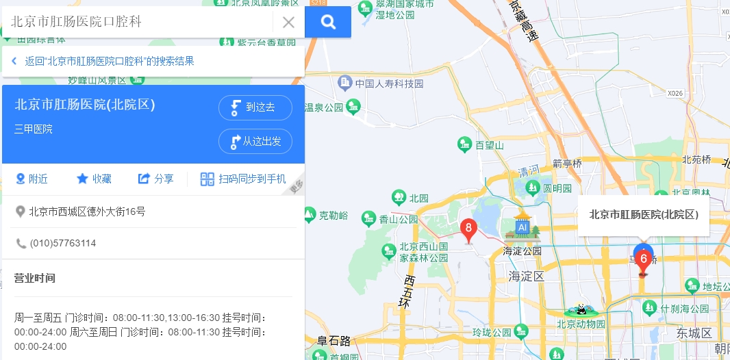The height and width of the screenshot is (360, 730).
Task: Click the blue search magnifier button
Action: tap(328, 22)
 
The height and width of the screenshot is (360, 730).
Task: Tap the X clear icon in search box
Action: tap(288, 22)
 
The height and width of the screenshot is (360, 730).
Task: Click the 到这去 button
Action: tap(255, 107)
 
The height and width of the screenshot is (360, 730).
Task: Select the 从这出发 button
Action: tap(255, 142)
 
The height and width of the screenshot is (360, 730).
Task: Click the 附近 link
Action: tap(32, 179)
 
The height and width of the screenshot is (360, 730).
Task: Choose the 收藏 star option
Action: tap(94, 179)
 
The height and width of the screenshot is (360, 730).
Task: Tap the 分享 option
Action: tap(155, 179)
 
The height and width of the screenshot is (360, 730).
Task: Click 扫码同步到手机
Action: tap(243, 179)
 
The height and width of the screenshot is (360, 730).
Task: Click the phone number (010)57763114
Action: tap(62, 243)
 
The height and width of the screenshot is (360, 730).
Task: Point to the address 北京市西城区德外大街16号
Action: tap(87, 211)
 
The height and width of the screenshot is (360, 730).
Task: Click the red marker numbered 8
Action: tap(468, 229)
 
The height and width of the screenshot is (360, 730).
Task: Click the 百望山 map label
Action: tap(481, 144)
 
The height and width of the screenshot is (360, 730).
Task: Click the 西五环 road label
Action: tap(409, 292)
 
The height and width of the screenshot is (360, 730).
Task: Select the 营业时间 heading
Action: tap(35, 278)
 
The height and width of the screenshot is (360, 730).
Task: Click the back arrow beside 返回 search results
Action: tap(14, 61)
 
